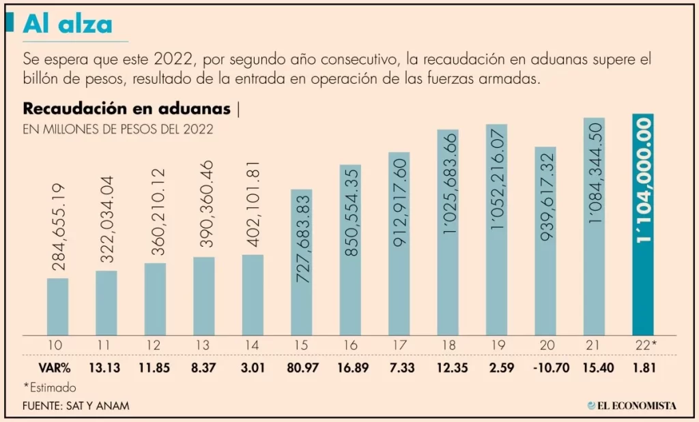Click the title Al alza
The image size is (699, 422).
point(67,25)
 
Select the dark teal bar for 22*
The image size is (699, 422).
point(643,225)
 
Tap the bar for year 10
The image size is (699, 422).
point(57,307)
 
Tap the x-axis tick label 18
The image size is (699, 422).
point(447,345)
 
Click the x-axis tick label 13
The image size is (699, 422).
point(203,345)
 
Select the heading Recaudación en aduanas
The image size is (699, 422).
point(126,108)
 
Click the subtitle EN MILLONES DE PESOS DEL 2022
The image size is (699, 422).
point(118,129)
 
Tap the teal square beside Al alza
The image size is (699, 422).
point(10,24)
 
